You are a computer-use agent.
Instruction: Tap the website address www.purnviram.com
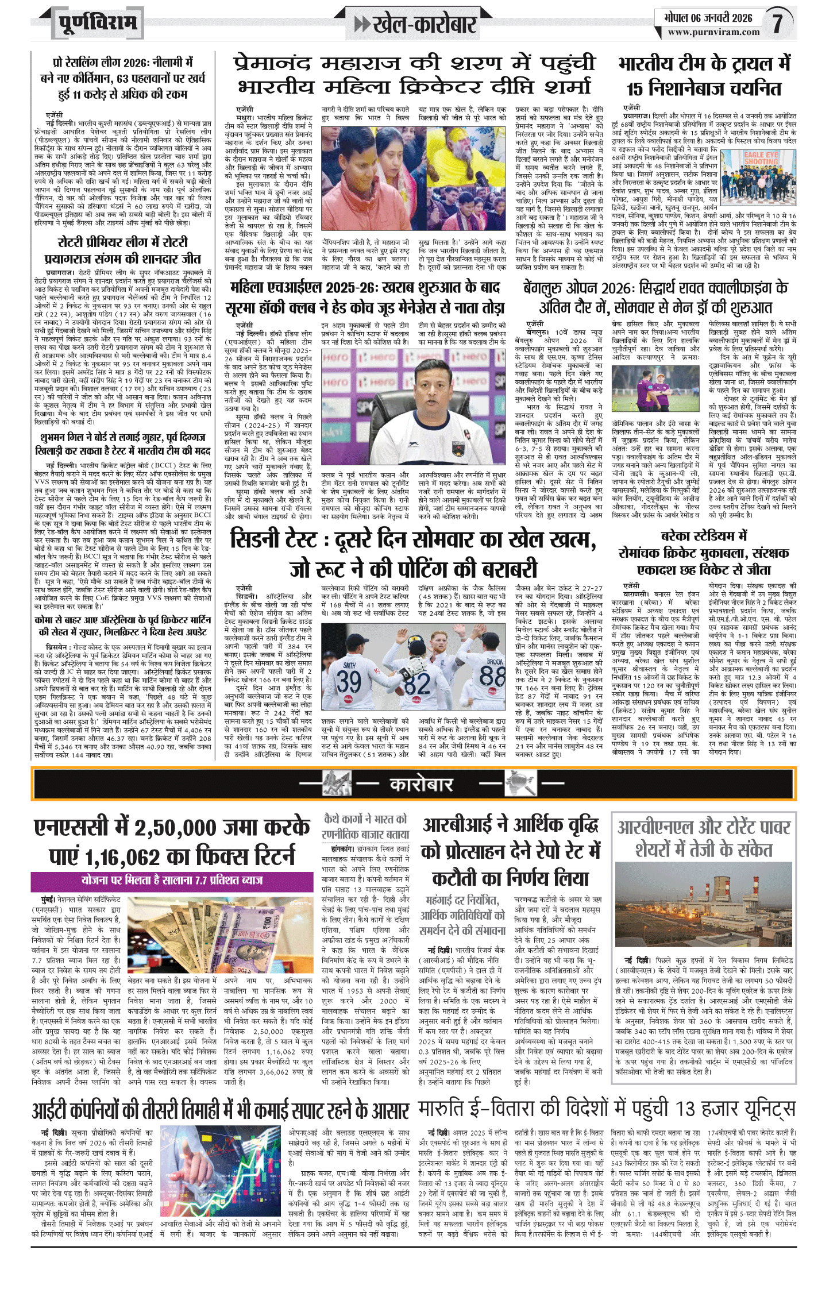(x=713, y=33)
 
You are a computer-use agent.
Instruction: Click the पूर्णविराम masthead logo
(x=98, y=24)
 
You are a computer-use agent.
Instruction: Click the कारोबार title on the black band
(x=422, y=785)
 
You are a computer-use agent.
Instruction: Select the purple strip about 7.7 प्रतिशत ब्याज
(x=172, y=880)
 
